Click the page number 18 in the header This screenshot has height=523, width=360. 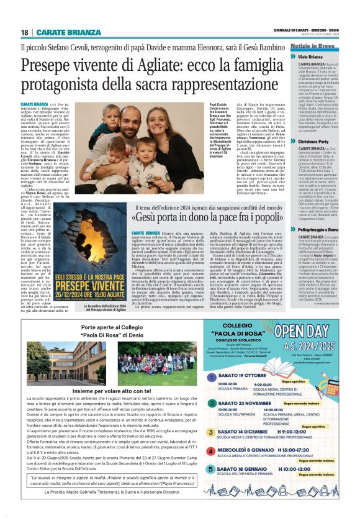pyautogui.click(x=24, y=32)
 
